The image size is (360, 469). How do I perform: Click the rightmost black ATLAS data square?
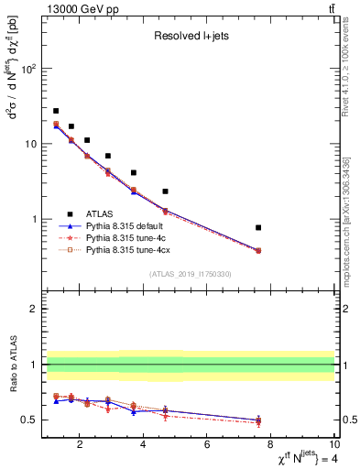point(258,227)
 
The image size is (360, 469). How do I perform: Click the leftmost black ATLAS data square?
point(56,111)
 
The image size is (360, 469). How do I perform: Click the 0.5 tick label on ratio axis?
point(27,420)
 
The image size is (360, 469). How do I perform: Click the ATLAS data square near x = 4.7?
point(165,191)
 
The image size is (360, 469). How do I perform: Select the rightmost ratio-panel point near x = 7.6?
point(258,420)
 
